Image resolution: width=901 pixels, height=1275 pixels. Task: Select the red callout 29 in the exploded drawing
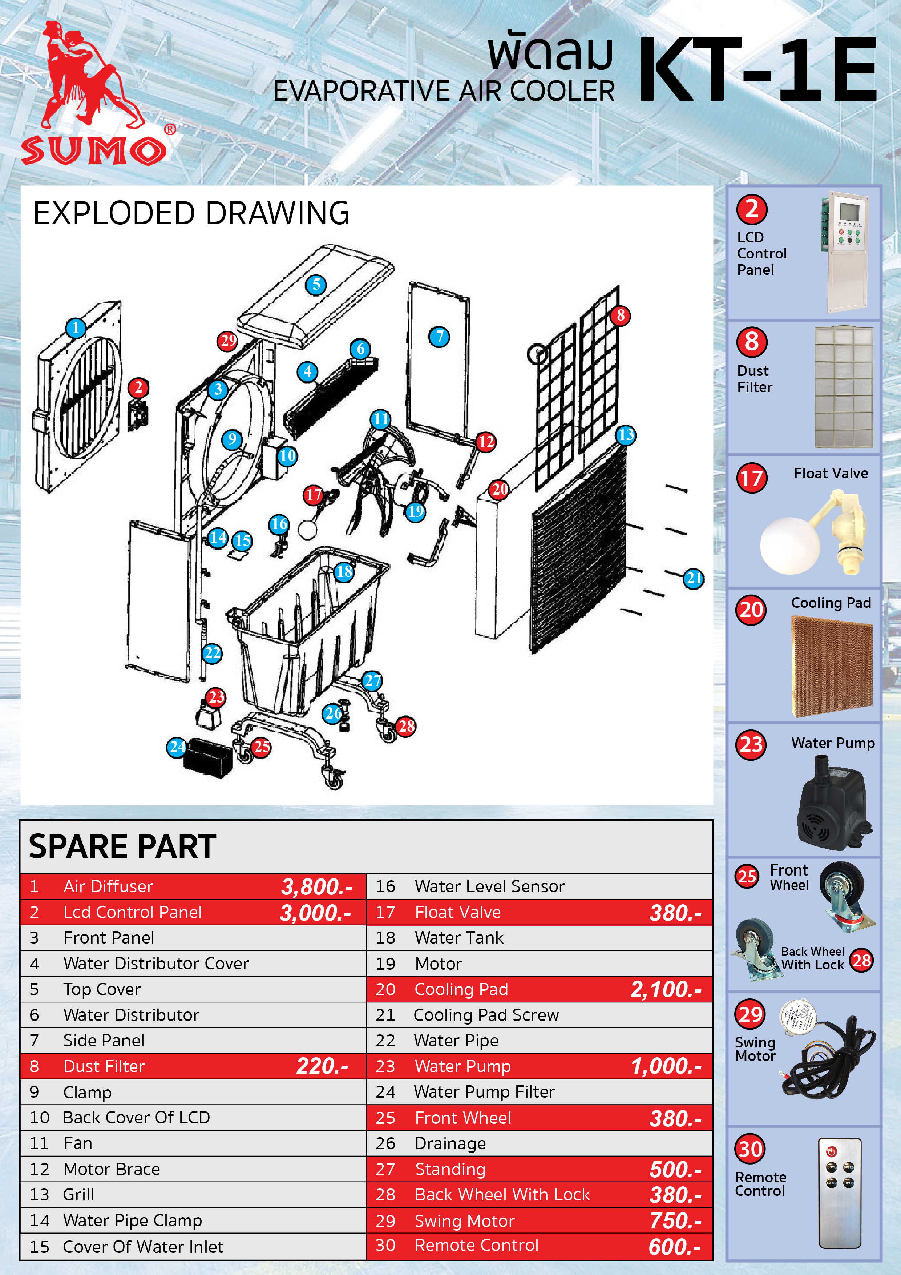click(x=227, y=341)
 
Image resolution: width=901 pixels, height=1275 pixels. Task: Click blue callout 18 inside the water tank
click(x=344, y=571)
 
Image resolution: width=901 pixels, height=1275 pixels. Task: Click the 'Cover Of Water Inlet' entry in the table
click(x=143, y=1247)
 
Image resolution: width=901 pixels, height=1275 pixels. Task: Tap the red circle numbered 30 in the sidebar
click(x=751, y=1149)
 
